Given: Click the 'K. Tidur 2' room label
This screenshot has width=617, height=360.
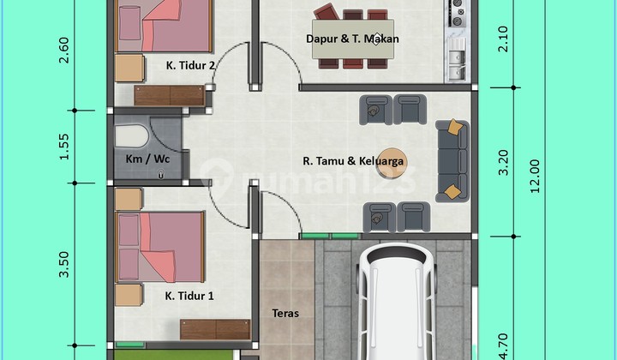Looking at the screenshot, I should pos(190,63).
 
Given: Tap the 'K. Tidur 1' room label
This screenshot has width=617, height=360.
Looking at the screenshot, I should pos(189,296).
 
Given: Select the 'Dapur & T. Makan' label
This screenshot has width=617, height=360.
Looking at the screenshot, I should pos(352,39).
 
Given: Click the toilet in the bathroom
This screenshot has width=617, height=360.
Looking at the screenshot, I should pos(132,135).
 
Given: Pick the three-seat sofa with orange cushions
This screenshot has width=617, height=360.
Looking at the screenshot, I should pos(452,160).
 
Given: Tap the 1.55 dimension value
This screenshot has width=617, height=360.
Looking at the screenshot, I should pos(63,147).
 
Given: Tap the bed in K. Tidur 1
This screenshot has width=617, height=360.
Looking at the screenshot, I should pos(161,247).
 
